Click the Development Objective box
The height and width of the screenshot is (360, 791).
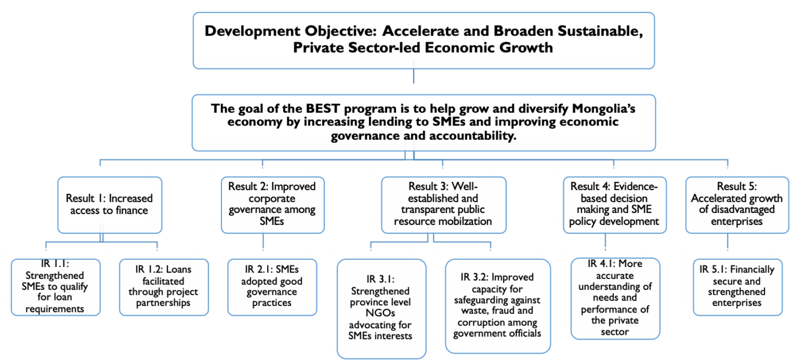click(x=424, y=41)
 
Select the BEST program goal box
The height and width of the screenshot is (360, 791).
click(x=424, y=123)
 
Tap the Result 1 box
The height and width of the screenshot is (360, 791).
click(x=110, y=205)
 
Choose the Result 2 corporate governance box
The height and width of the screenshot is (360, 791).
click(x=272, y=205)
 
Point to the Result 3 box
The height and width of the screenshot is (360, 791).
click(x=444, y=205)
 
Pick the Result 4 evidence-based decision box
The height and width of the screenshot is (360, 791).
click(x=615, y=205)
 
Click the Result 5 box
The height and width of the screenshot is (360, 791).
click(x=737, y=205)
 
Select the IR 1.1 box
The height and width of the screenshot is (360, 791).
click(x=56, y=287)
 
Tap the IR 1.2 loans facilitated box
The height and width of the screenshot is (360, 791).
click(x=164, y=287)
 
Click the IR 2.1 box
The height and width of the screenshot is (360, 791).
click(x=272, y=287)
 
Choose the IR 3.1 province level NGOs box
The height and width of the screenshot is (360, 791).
click(x=381, y=309)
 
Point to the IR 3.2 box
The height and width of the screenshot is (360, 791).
click(x=498, y=307)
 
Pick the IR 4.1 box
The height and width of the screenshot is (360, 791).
click(x=616, y=299)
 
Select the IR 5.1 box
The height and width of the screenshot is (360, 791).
click(x=738, y=287)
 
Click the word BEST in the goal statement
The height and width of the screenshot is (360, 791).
click(x=322, y=109)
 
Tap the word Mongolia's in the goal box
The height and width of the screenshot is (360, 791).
click(x=604, y=109)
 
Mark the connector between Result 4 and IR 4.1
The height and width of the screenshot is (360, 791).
click(x=606, y=242)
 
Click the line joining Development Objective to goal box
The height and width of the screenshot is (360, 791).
click(x=414, y=76)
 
